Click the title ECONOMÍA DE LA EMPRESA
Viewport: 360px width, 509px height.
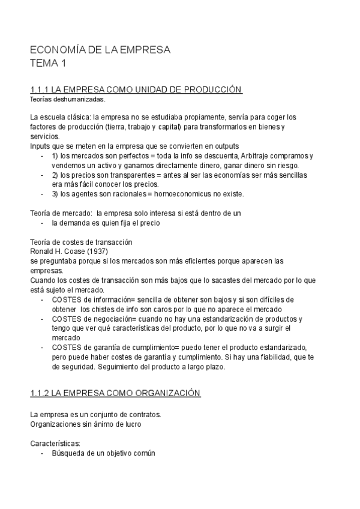click(100, 50)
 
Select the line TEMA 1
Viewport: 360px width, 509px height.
click(49, 63)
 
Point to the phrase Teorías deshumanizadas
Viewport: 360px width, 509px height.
click(67, 99)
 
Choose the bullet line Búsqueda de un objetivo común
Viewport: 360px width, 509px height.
click(103, 453)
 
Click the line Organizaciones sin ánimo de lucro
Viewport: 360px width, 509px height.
click(86, 424)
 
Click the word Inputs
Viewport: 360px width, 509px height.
click(40, 146)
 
